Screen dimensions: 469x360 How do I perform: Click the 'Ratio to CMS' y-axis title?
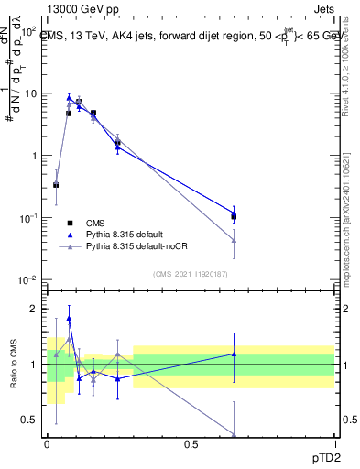click(12, 364)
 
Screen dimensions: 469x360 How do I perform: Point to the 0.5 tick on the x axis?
click(191, 442)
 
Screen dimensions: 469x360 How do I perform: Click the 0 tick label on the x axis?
click(47, 442)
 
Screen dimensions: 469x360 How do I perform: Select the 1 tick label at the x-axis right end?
click(333, 442)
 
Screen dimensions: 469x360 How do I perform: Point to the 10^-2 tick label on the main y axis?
click(27, 279)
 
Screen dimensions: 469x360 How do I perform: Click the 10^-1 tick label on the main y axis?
click(27, 218)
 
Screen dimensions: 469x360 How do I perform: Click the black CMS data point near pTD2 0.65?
click(234, 217)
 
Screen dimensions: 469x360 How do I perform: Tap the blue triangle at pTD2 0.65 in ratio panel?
click(234, 354)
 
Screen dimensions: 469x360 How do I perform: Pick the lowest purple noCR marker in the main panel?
click(234, 241)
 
